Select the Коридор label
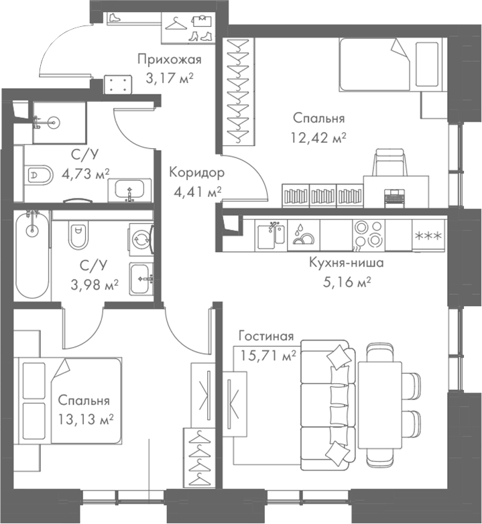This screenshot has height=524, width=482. pyautogui.click(x=196, y=172)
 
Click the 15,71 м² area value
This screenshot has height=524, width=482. pyautogui.click(x=268, y=356)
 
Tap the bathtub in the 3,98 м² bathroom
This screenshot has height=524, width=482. pyautogui.click(x=32, y=255)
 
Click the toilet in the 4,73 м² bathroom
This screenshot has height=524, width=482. pyautogui.click(x=40, y=176)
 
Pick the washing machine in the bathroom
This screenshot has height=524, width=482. pyautogui.click(x=141, y=237)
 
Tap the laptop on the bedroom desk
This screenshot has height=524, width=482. pyautogui.click(x=394, y=196)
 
